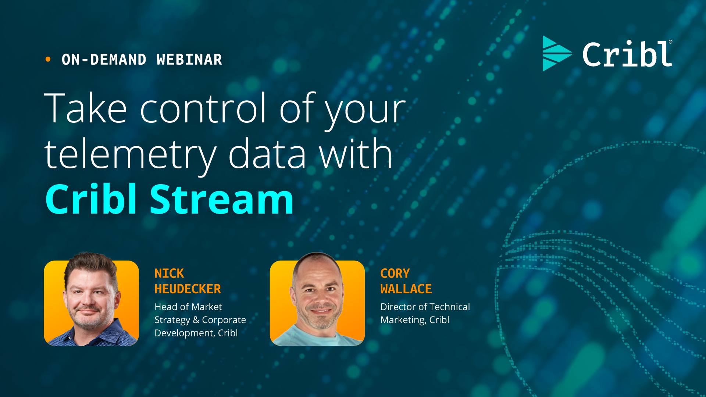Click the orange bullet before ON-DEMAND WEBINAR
pos(48,59)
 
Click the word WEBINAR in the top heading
pos(189,60)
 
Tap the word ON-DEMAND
pos(104,60)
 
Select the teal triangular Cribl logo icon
pos(556,54)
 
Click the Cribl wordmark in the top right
pos(627,54)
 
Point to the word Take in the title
pos(85,108)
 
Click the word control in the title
pos(203,108)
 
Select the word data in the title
pos(267,154)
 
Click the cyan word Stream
pos(221,199)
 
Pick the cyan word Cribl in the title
pos(91,199)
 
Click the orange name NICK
pos(169,273)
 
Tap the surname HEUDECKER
pos(188,289)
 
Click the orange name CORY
pos(395,273)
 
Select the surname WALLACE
pos(406,289)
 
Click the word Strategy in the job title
pos(172,320)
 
